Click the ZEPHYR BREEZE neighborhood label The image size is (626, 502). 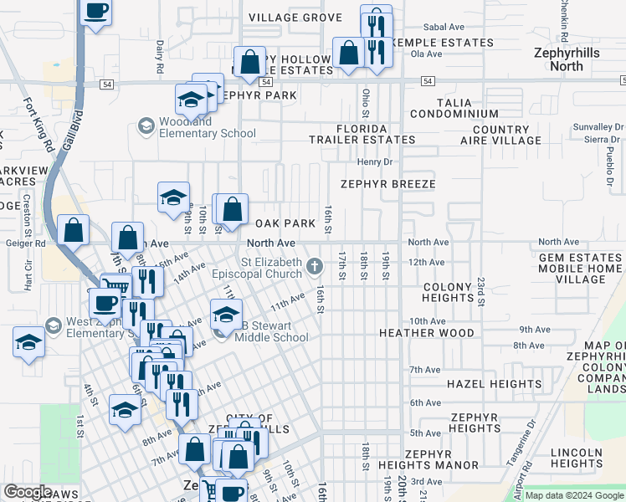point(387,184)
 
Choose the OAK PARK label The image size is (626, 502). point(285,223)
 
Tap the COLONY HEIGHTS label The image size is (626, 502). point(448,292)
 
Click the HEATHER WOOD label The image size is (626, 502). point(427,333)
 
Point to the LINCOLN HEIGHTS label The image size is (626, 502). point(577,458)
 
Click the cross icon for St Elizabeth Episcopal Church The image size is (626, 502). point(315,267)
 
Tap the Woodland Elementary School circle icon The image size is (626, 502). point(146,127)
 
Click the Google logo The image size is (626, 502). point(28,493)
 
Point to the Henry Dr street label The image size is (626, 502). point(374,161)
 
